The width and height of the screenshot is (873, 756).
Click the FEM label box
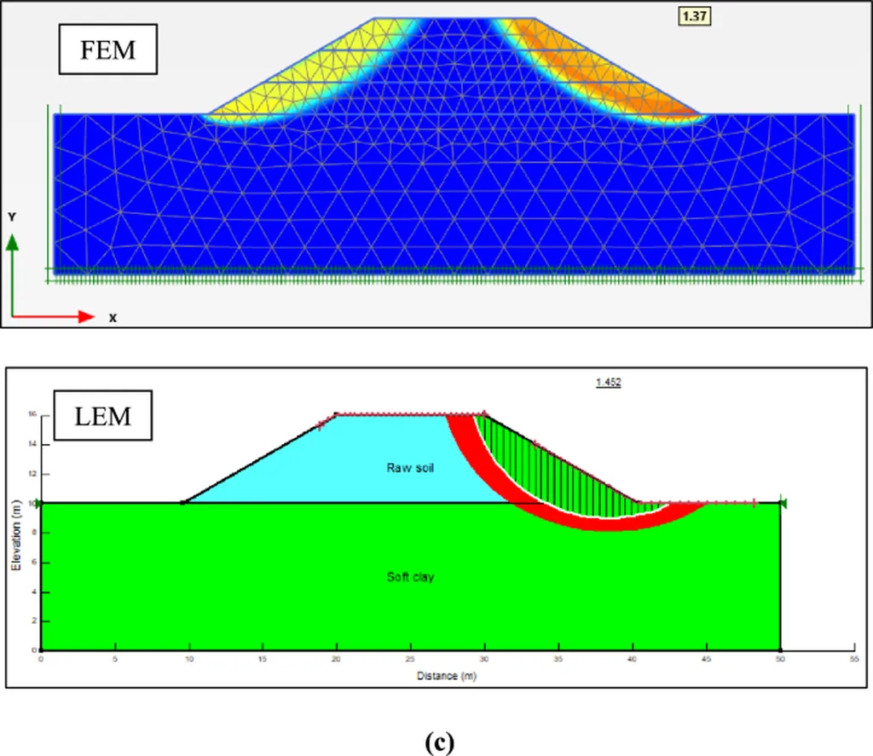point(107,50)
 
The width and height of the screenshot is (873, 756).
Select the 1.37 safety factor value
point(693,15)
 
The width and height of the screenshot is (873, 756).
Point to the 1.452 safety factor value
point(608,383)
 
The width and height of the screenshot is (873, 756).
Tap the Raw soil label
point(411,467)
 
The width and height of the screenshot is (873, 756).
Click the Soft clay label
point(410,577)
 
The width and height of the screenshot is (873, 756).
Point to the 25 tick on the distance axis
point(410,659)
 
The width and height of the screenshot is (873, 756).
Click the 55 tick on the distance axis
point(853,659)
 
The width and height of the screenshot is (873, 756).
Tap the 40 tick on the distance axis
point(632,659)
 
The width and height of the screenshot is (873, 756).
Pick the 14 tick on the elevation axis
point(32,444)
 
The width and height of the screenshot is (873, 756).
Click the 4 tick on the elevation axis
point(33,592)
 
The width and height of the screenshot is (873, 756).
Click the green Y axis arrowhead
point(12,242)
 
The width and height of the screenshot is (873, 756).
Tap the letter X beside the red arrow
point(113,318)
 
